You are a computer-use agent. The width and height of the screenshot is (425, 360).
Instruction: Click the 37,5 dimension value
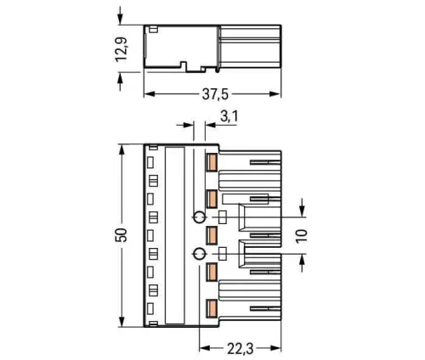coord(213,96)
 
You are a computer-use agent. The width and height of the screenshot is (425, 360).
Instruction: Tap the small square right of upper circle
coord(223,216)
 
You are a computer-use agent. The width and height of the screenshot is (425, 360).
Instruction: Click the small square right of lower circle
coord(223,253)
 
